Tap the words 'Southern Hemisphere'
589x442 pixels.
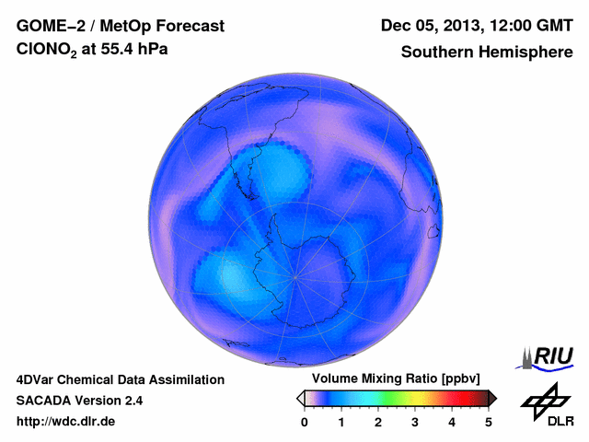pyautogui.click(x=487, y=52)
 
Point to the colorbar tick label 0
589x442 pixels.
pyautogui.click(x=305, y=422)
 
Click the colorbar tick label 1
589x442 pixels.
pyautogui.click(x=341, y=422)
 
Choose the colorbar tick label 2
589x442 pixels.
pyautogui.click(x=378, y=422)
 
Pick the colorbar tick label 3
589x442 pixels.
pyautogui.click(x=415, y=422)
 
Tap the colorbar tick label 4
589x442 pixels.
pyautogui.click(x=452, y=422)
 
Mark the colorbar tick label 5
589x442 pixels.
pyautogui.click(x=489, y=422)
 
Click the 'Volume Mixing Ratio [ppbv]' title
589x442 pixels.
pyautogui.click(x=396, y=379)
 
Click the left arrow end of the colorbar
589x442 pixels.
pyautogui.click(x=300, y=398)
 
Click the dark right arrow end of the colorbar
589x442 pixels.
pyautogui.click(x=492, y=398)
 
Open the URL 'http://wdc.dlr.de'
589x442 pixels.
pyautogui.click(x=67, y=422)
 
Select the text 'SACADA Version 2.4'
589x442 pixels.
pyautogui.click(x=79, y=401)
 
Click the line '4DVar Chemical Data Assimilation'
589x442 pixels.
pyautogui.click(x=120, y=379)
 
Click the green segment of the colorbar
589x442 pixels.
pyautogui.click(x=391, y=398)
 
